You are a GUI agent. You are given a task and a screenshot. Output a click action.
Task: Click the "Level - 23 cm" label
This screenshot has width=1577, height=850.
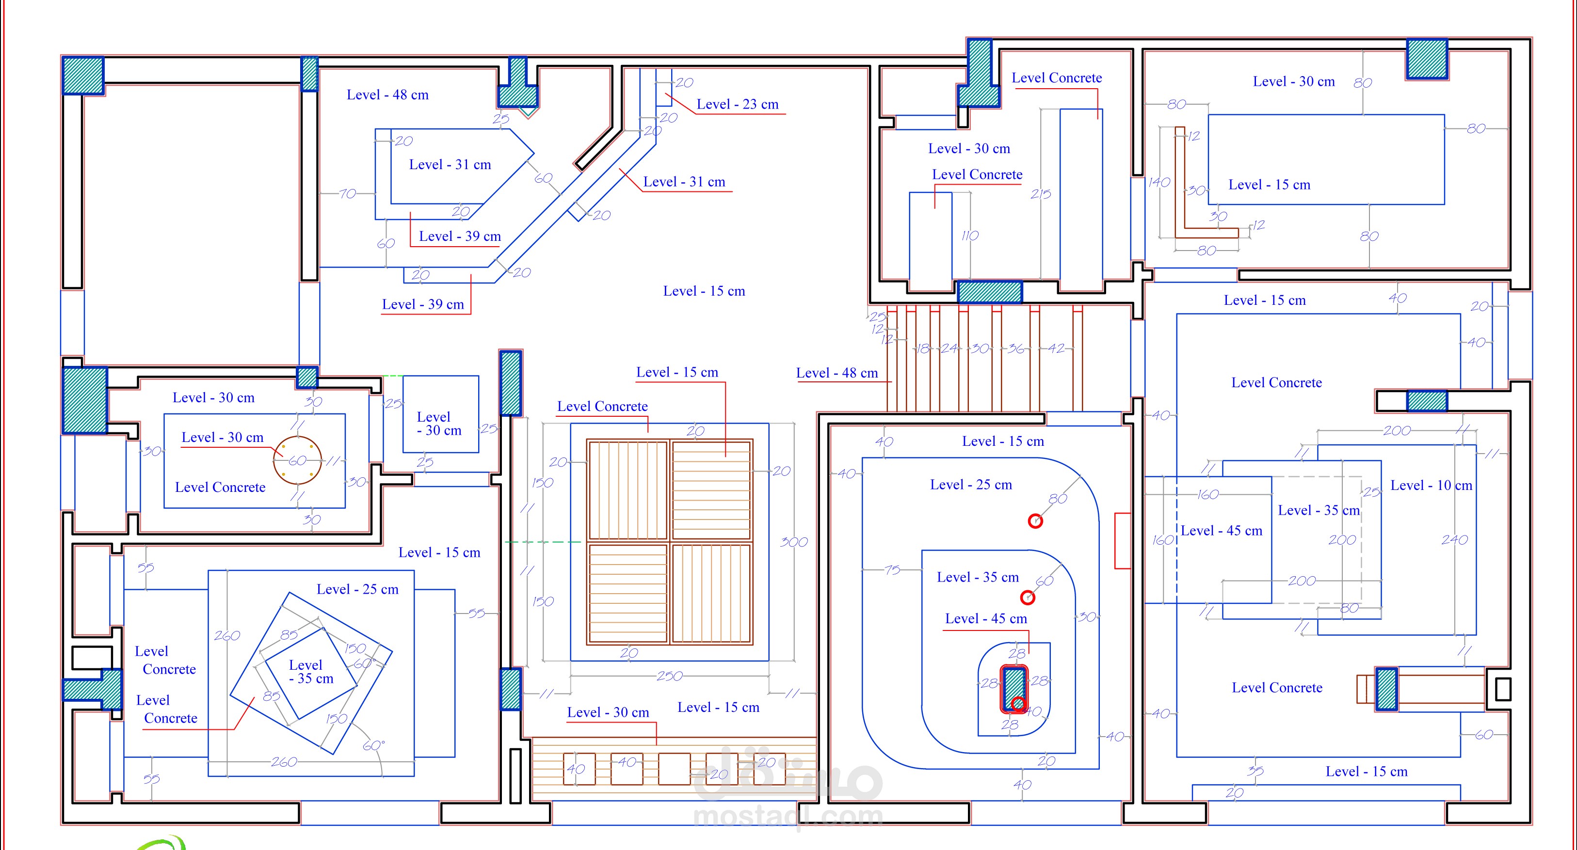click(x=737, y=105)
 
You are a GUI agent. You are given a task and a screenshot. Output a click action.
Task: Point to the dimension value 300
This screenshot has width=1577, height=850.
click(x=793, y=542)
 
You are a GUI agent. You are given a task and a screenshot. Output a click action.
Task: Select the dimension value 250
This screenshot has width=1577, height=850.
click(x=669, y=676)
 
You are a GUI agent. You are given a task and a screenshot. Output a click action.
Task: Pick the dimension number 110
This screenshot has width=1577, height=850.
click(x=970, y=236)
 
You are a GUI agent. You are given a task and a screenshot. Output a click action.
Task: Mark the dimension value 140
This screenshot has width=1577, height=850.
click(x=1159, y=182)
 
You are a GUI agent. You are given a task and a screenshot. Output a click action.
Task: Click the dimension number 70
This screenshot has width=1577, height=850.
click(x=347, y=194)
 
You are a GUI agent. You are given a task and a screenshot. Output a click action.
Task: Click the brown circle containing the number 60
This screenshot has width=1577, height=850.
click(x=298, y=460)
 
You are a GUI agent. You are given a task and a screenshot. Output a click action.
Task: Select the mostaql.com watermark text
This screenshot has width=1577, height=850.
click(x=788, y=816)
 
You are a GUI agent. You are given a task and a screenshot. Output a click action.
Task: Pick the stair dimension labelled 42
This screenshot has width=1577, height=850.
click(x=1056, y=349)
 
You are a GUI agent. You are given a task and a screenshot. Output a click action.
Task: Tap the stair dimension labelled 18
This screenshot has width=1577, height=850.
click(x=922, y=349)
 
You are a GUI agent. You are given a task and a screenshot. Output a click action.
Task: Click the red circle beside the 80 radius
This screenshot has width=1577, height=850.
click(x=1035, y=521)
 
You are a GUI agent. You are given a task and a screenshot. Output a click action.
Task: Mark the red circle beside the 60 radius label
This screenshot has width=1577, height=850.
click(x=1028, y=597)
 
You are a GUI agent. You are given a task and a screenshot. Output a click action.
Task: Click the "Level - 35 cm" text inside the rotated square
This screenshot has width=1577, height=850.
click(x=311, y=672)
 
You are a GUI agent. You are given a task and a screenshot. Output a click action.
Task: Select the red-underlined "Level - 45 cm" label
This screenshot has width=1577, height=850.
click(x=985, y=619)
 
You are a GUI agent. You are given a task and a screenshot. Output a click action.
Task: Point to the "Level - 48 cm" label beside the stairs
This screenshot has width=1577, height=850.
click(x=837, y=373)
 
